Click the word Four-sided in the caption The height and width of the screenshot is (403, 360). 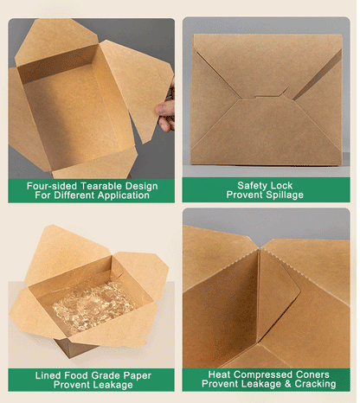[x=52, y=186]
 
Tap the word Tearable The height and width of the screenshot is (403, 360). [x=102, y=186]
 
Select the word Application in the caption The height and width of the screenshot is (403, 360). [x=124, y=195]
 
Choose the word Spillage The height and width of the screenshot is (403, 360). [x=285, y=195]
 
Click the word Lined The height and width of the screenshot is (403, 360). [x=48, y=375]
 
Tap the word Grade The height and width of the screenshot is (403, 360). [x=106, y=375]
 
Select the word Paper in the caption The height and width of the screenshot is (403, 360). [x=137, y=376]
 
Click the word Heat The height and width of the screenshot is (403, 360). [x=219, y=374]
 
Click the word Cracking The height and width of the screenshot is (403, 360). [x=315, y=384]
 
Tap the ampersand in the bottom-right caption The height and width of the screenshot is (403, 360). [x=288, y=384]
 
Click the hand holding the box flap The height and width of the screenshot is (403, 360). [x=166, y=110]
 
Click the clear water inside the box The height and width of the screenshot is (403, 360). [x=93, y=305]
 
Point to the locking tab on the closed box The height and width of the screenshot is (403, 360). [x=271, y=96]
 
